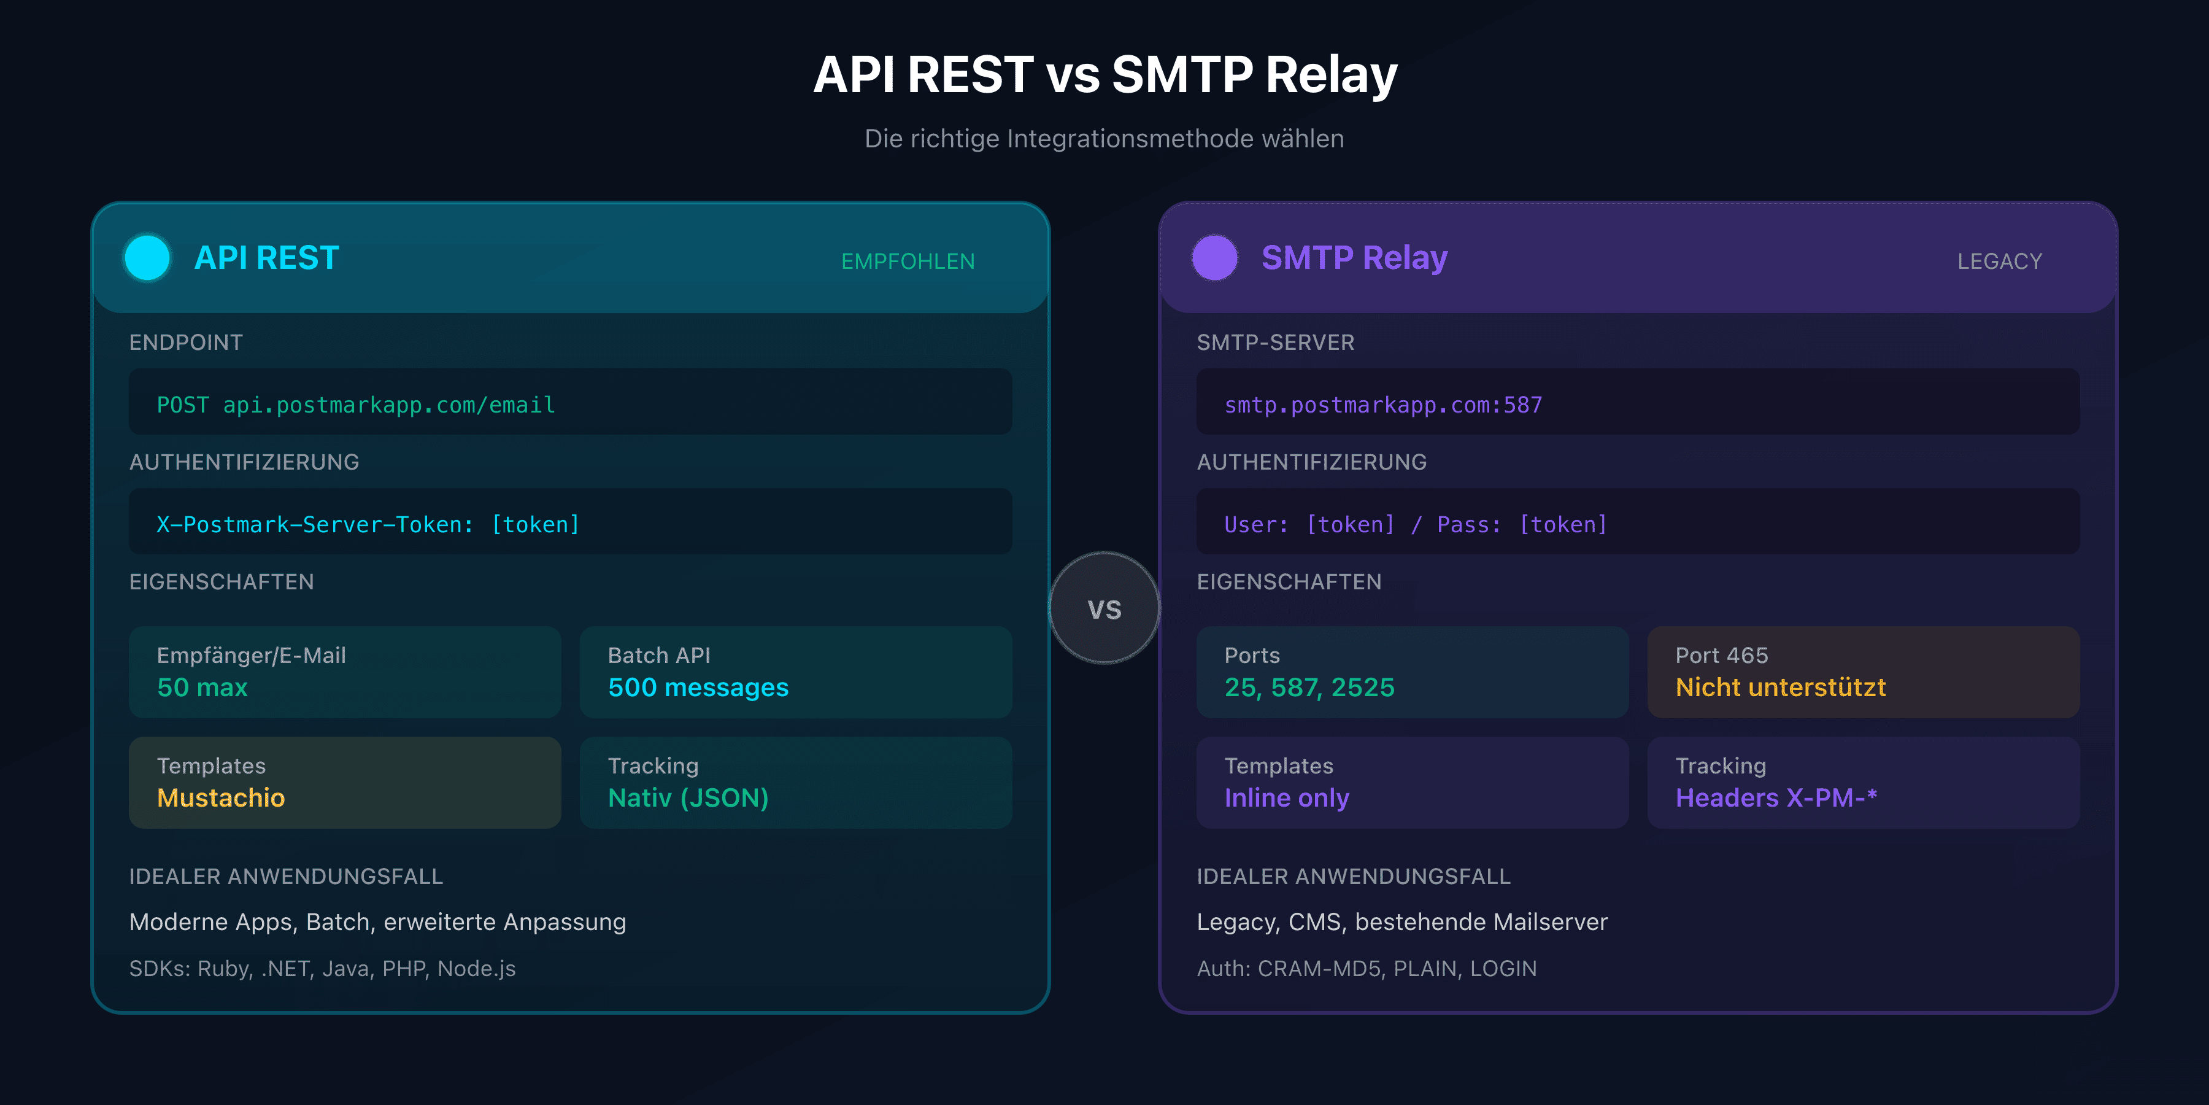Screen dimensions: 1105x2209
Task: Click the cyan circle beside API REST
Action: coord(147,257)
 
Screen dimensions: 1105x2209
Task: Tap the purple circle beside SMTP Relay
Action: coord(1214,257)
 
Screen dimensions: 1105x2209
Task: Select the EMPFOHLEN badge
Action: coord(908,261)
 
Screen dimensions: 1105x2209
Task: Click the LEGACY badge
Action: coord(1999,261)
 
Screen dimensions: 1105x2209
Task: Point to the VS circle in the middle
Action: coord(1104,608)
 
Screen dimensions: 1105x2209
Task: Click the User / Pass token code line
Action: coord(1415,524)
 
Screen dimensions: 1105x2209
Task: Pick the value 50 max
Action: coord(202,687)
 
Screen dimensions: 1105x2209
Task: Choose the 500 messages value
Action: coord(698,687)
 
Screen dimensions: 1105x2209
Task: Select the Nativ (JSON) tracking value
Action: coord(688,798)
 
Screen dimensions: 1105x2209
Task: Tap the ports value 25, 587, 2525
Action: coord(1309,687)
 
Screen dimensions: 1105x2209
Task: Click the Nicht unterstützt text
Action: coord(1780,687)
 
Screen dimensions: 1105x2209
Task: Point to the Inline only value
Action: coord(1286,798)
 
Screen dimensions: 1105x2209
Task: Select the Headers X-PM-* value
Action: coord(1776,798)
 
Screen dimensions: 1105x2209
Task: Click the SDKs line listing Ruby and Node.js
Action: coord(322,969)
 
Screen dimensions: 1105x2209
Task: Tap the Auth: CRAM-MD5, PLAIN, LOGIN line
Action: coord(1366,969)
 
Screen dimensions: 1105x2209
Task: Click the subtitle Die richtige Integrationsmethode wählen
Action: coord(1104,138)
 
